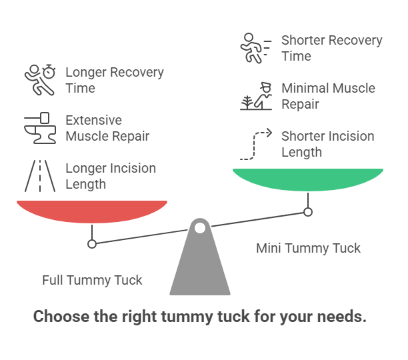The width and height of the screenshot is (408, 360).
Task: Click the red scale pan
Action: click(92, 211)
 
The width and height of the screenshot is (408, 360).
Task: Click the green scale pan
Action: click(307, 179)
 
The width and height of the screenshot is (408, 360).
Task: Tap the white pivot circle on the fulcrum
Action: click(199, 227)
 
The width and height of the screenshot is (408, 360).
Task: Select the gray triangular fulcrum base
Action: click(200, 267)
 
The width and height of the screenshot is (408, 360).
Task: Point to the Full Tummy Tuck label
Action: click(92, 280)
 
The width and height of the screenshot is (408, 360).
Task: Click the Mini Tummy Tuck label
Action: click(308, 248)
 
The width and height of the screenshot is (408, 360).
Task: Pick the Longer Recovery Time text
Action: click(114, 80)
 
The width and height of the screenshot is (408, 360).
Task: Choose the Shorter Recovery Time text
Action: click(331, 48)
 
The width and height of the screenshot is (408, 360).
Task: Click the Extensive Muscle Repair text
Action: click(107, 128)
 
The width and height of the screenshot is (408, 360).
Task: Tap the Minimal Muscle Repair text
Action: click(328, 96)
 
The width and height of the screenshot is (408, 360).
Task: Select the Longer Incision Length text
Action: click(110, 176)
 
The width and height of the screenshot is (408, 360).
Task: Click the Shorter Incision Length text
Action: click(327, 144)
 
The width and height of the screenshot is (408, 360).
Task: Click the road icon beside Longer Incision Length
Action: click(40, 176)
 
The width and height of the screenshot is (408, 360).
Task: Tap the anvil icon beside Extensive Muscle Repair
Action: click(40, 128)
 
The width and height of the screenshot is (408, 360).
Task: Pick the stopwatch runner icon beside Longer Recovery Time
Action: click(40, 80)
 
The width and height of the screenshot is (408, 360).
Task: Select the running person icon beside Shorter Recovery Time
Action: click(256, 48)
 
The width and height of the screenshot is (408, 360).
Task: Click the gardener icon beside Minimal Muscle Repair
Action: click(256, 96)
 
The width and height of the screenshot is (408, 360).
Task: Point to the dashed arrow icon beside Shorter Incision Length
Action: click(256, 144)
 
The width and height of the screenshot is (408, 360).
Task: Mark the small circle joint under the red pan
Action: click(92, 244)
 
